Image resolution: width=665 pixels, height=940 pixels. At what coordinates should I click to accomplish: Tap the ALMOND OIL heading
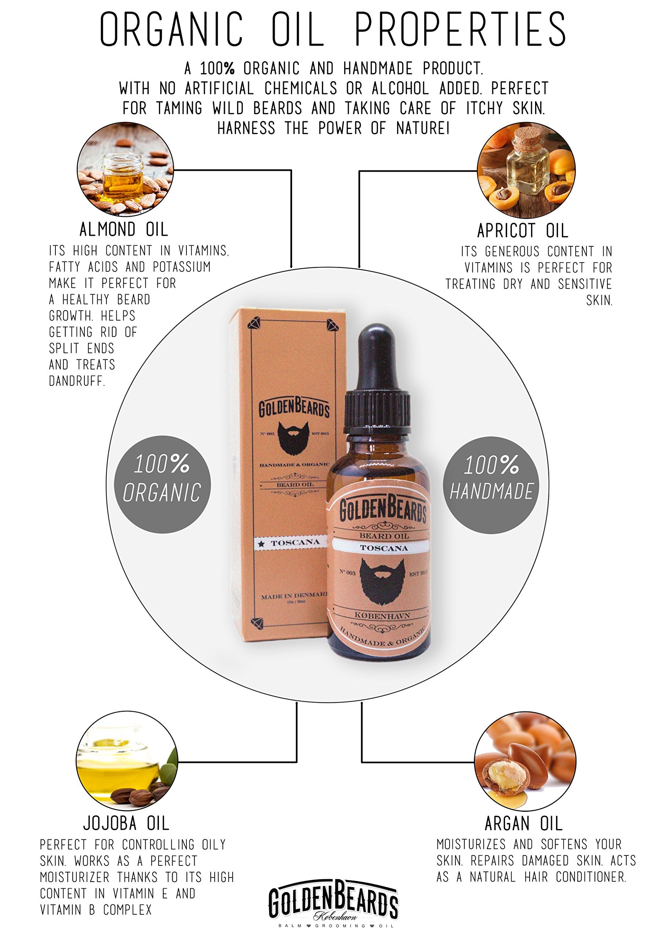124,229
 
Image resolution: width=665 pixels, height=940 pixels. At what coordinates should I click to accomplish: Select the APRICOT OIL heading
523,231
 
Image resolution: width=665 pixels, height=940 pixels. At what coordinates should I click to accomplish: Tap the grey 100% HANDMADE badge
491,485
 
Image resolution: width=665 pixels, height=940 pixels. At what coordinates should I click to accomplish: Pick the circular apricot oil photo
526,170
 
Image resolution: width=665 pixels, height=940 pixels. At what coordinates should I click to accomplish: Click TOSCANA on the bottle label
384,548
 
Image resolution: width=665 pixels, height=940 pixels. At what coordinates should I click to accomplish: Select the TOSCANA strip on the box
291,543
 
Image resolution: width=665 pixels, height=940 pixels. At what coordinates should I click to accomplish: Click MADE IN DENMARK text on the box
294,596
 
